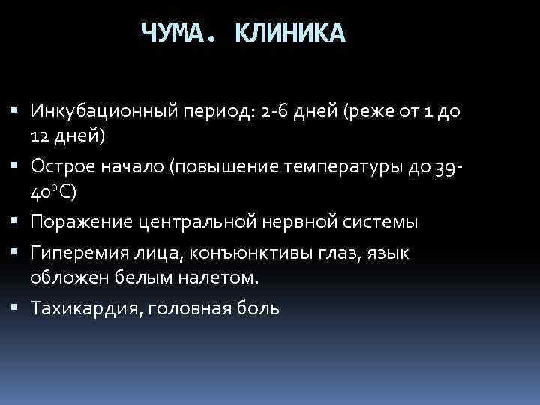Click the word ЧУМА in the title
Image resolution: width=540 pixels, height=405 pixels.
(178, 33)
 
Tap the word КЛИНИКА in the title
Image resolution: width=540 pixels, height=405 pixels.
(289, 33)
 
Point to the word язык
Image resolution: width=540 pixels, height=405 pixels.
(388, 253)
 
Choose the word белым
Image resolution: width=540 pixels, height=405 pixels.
(139, 277)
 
